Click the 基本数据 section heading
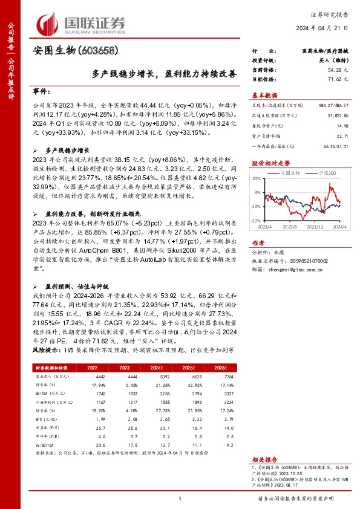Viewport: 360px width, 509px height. point(264,95)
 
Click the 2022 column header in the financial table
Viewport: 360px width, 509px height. point(93,367)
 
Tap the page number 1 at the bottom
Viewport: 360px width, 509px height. point(180,499)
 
